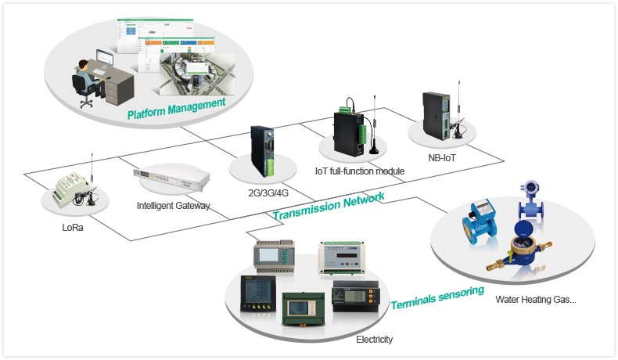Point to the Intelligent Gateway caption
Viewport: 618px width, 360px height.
click(173, 207)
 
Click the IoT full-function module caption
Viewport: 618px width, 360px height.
click(359, 171)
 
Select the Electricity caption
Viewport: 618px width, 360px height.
click(374, 340)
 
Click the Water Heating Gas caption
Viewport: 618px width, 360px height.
click(536, 299)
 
